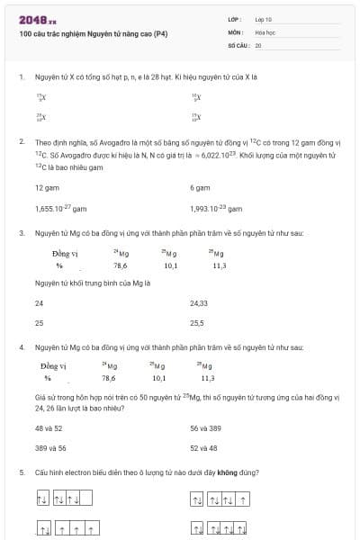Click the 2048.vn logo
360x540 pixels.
coord(37,20)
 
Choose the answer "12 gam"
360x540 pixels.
coord(46,187)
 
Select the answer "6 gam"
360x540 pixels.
coord(200,187)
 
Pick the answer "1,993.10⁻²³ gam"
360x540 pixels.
coord(217,208)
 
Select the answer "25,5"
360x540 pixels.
coord(197,321)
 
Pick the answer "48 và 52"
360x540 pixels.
coord(49,428)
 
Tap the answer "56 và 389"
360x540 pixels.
coord(205,428)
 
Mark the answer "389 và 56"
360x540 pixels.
coord(50,447)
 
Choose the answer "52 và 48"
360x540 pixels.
coord(203,447)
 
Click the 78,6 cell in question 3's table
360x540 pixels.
coord(120,265)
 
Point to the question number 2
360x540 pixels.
coord(21,142)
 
